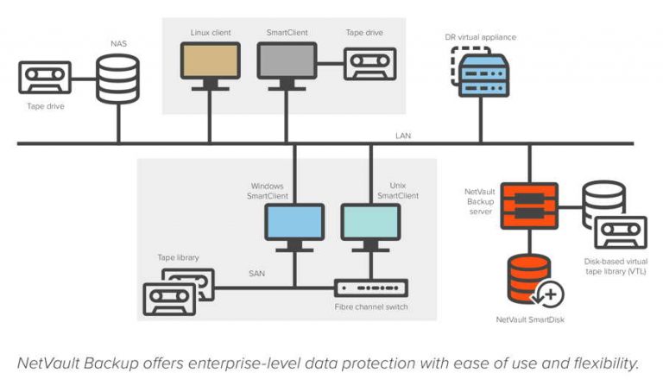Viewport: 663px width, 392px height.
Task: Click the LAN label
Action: coord(403,136)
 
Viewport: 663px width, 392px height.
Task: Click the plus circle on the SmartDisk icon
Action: coord(549,295)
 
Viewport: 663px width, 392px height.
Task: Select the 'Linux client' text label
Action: coord(210,32)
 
